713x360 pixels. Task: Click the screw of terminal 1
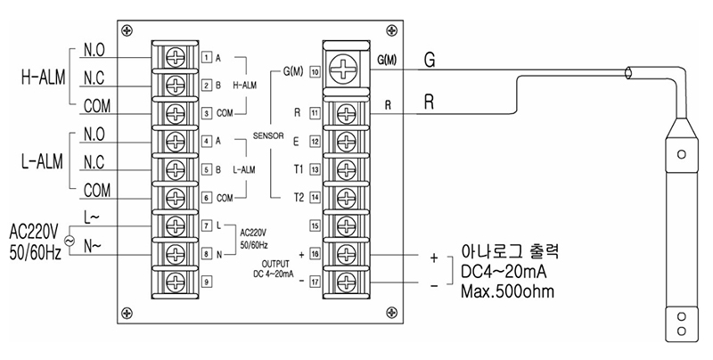175,57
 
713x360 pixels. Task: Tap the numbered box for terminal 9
207,282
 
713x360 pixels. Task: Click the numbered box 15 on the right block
315,225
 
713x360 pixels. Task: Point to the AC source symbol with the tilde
70,241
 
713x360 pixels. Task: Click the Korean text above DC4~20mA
510,251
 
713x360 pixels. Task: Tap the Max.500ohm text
508,290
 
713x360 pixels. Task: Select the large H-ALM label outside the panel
43,78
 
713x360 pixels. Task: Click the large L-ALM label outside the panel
42,161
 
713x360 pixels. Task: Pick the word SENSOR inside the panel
268,135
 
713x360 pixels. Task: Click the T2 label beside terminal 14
299,197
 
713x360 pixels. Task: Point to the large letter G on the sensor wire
430,61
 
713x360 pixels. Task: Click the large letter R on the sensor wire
429,102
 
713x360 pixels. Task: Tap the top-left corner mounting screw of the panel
127,30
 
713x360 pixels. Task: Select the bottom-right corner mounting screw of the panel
391,312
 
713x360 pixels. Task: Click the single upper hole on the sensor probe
681,154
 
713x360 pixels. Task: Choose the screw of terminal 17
347,282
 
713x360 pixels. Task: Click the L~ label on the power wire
92,217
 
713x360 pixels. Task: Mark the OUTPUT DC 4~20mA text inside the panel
274,269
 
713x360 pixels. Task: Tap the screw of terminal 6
175,198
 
